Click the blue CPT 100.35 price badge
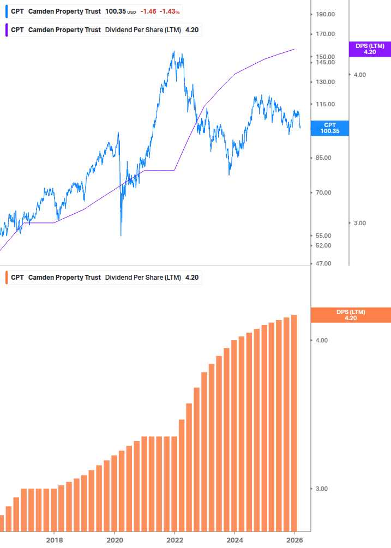tap(329, 128)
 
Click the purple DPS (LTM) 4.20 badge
tap(370, 49)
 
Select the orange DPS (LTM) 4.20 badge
tap(350, 315)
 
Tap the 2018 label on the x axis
tap(54, 540)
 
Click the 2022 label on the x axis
tap(175, 540)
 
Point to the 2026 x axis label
tap(294, 540)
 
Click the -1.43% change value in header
tap(170, 11)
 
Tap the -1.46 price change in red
tap(148, 11)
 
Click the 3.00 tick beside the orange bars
tap(322, 489)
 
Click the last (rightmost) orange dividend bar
tap(294, 423)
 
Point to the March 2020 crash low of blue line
tap(121, 235)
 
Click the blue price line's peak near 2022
tap(174, 52)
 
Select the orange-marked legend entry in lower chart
tap(104, 278)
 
